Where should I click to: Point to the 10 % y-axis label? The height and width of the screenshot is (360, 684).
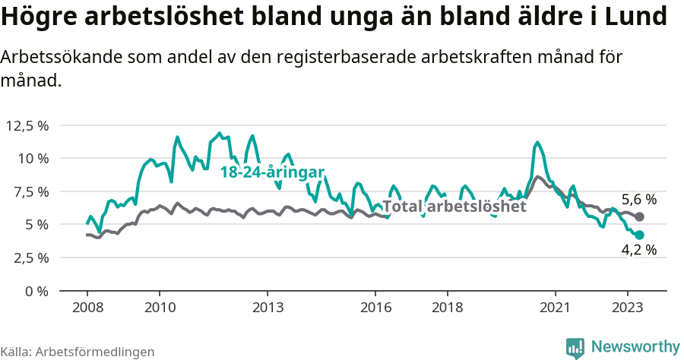coord(33,159)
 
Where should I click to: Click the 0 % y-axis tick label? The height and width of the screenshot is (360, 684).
coord(36,291)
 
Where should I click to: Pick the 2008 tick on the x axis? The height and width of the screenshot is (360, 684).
coord(87,308)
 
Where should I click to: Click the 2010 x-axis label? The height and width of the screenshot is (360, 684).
coord(160,308)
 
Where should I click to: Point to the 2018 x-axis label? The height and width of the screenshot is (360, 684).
coord(447,308)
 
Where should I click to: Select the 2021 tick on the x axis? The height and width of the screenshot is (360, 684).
coord(555,308)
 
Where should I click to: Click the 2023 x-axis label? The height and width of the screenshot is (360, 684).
coord(627,308)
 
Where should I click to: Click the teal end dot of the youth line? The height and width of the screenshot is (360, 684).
coord(640,235)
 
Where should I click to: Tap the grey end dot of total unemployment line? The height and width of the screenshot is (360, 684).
coord(640,217)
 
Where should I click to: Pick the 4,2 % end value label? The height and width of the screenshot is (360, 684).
coord(638,249)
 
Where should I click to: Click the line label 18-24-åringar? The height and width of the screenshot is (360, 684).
coord(272,172)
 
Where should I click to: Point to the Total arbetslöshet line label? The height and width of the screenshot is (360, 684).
coord(454,206)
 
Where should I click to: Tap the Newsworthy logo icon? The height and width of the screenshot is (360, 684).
coord(575,347)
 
